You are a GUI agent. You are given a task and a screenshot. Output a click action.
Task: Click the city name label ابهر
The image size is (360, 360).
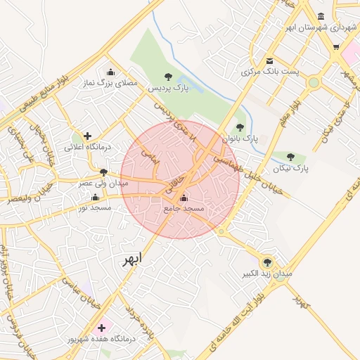click(x=131, y=259)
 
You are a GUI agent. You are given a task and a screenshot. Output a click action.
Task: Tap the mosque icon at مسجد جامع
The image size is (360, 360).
click(x=184, y=198)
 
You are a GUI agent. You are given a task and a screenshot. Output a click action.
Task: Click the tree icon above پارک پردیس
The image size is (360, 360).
click(x=168, y=77)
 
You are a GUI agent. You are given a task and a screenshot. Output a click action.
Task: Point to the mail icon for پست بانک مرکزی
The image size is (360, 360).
click(x=269, y=60)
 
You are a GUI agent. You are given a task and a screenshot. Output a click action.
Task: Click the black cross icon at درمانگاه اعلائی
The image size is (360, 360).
click(x=86, y=136)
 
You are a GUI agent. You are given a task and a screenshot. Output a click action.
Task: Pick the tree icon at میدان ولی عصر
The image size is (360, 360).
click(x=103, y=172)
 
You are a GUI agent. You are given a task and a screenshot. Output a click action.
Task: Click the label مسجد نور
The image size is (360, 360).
click(x=93, y=207)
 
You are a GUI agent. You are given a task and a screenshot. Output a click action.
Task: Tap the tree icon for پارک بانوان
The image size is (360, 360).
click(x=240, y=127)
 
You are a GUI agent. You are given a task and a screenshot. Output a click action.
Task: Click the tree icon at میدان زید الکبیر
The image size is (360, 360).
click(x=266, y=262)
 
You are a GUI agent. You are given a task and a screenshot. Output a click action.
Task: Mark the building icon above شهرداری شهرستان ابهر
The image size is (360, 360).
click(x=321, y=16)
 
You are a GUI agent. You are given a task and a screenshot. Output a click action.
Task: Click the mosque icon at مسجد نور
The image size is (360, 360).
click(x=95, y=197)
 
